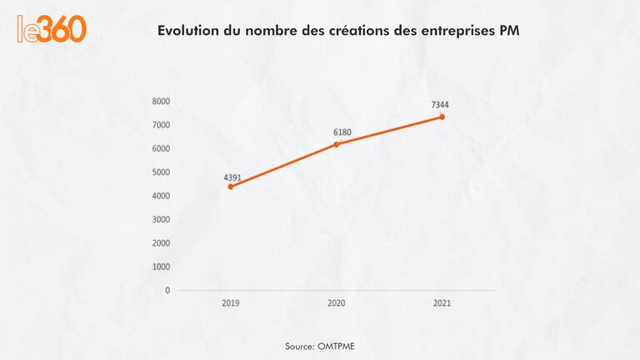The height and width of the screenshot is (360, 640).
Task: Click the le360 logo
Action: click(x=52, y=29)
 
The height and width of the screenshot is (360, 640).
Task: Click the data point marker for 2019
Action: click(x=230, y=187)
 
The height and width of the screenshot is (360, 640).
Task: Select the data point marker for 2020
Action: click(x=336, y=144)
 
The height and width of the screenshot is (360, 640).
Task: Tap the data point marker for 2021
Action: click(x=442, y=117)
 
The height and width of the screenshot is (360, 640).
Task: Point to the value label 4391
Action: click(x=232, y=177)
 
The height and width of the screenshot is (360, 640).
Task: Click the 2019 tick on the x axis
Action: click(x=230, y=303)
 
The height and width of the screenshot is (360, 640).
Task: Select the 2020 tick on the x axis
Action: click(x=336, y=303)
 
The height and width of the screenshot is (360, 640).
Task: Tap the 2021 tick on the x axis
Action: click(x=442, y=303)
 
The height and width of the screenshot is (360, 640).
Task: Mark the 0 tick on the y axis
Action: click(x=167, y=291)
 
